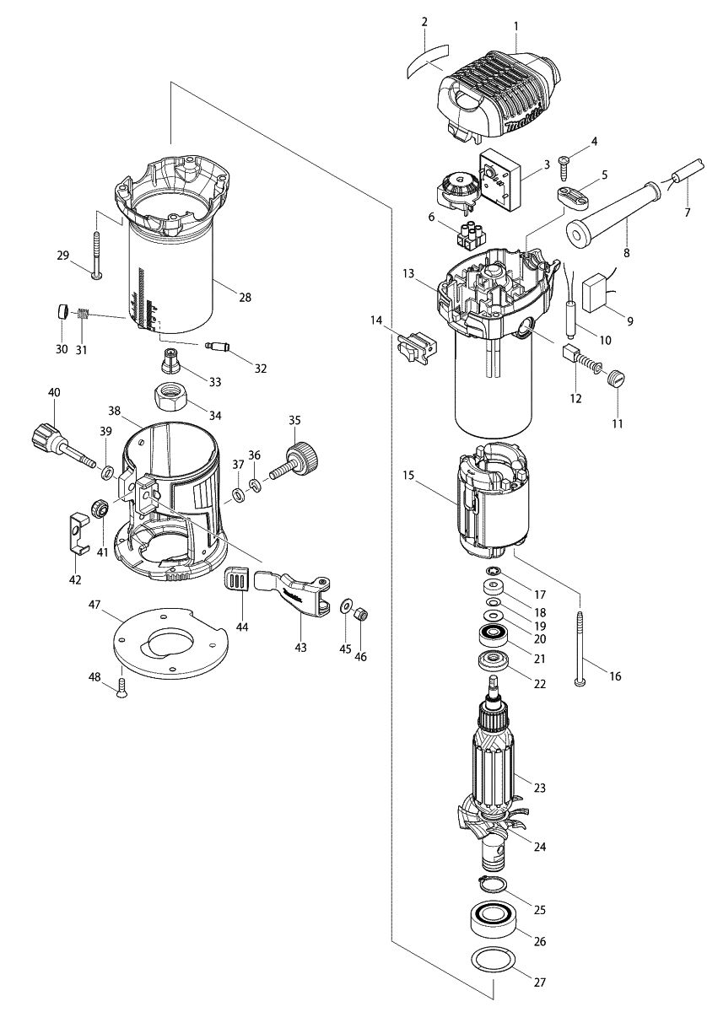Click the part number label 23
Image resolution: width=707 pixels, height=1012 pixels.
pos(540,789)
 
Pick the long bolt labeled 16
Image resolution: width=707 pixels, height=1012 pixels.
pos(581,644)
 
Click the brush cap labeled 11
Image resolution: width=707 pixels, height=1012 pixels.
pos(617,379)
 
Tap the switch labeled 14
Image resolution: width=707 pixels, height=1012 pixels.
pos(416,346)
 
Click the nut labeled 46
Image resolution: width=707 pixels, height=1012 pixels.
pos(359,614)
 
